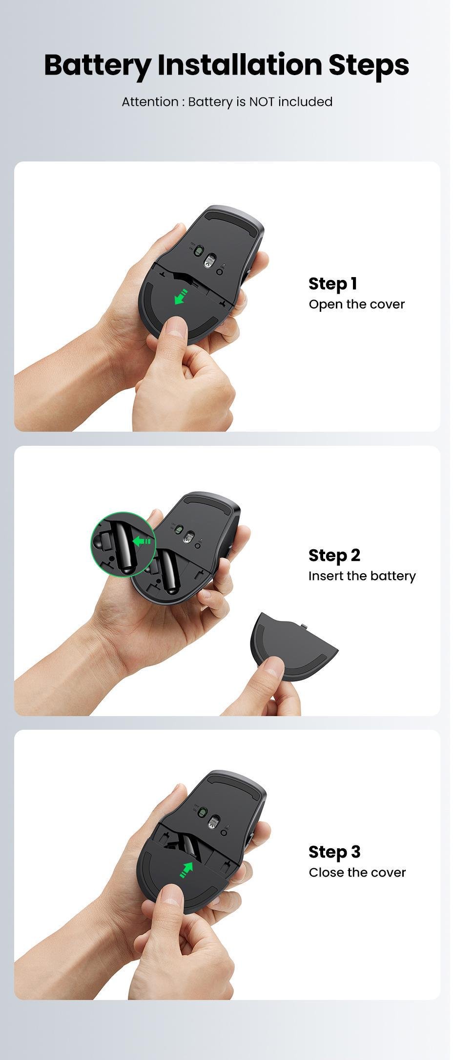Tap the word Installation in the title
click(x=240, y=64)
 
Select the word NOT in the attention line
click(x=262, y=102)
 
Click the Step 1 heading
click(x=333, y=283)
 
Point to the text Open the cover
click(x=356, y=304)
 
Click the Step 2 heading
click(x=334, y=555)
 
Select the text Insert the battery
click(x=362, y=576)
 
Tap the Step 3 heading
click(x=334, y=852)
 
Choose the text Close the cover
click(x=357, y=873)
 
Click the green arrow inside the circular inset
click(x=143, y=541)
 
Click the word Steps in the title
click(x=369, y=65)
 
